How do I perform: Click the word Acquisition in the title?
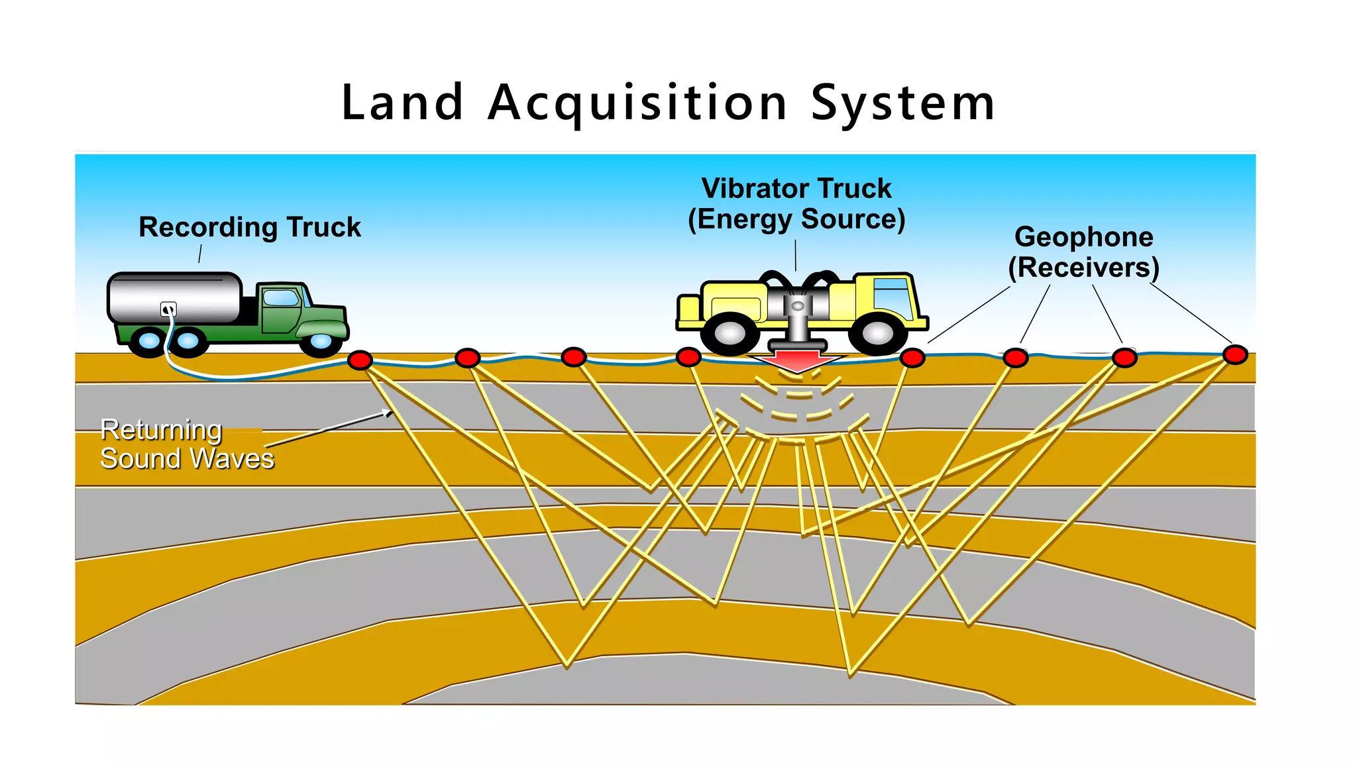click(637, 104)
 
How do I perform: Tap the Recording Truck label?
click(250, 227)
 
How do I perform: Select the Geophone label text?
click(1084, 237)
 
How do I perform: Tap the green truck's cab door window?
click(281, 297)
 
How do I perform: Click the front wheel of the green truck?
click(321, 341)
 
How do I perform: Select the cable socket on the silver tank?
click(169, 309)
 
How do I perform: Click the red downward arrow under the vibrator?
click(798, 362)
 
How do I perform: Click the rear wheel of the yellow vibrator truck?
click(730, 334)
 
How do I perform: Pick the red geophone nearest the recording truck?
click(360, 360)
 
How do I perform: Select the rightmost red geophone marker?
click(1235, 354)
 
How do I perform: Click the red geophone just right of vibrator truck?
click(912, 358)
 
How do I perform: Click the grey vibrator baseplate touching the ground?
click(798, 345)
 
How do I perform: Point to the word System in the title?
click(903, 104)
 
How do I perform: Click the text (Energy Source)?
click(796, 219)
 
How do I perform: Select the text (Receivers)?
click(1084, 268)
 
